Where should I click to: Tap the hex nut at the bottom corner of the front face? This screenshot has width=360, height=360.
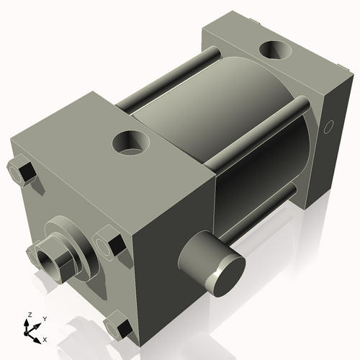pyautogui.click(x=117, y=329)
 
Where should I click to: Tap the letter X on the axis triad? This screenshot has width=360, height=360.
pyautogui.click(x=45, y=338)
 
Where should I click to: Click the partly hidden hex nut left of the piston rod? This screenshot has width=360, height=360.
pyautogui.click(x=33, y=253)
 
